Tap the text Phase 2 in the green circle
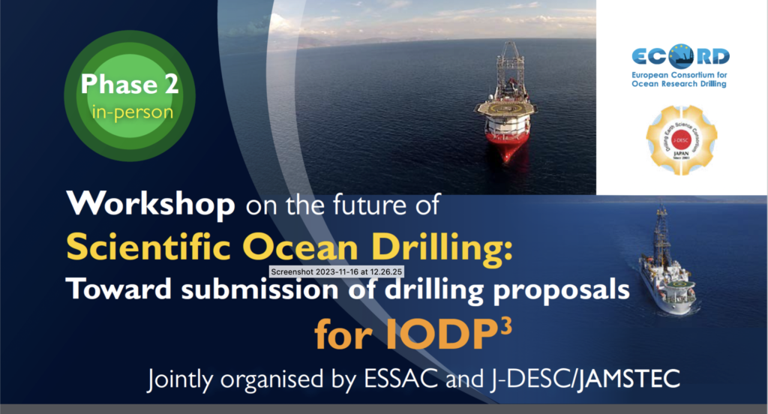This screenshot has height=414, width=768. [130, 84]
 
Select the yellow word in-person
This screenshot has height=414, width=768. [131, 113]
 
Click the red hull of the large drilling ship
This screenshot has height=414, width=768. [507, 142]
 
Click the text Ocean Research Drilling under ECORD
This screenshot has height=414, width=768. [679, 83]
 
